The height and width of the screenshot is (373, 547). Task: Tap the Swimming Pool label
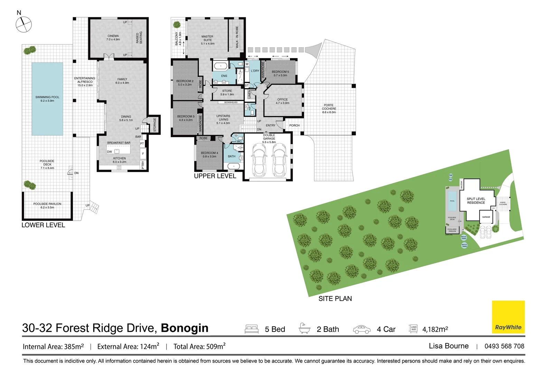pos(47,99)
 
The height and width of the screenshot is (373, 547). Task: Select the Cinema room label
pos(113,38)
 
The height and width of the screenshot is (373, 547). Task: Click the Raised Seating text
pos(139,38)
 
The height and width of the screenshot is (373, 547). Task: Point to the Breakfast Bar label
pos(119,143)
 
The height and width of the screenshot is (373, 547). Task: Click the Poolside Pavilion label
pos(47,205)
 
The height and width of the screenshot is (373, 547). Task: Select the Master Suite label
pos(207,40)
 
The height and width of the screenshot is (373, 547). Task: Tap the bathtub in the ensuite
pos(220,66)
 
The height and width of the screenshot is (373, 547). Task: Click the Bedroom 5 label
pos(280,74)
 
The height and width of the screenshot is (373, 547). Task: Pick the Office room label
pos(282,101)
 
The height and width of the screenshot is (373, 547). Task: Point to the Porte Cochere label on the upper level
pos(329,108)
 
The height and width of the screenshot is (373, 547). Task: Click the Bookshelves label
pos(231,103)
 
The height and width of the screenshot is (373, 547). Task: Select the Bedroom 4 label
pos(209,154)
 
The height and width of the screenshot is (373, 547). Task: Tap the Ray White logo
pos(508,317)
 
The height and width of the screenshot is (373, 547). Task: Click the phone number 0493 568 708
pos(504,346)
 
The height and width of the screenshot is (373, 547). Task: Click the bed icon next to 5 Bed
pos(252,329)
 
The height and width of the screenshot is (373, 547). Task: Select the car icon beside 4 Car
pos(361,329)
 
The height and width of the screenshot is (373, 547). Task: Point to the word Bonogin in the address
pos(185,328)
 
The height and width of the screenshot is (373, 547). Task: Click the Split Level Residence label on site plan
pos(476,201)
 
